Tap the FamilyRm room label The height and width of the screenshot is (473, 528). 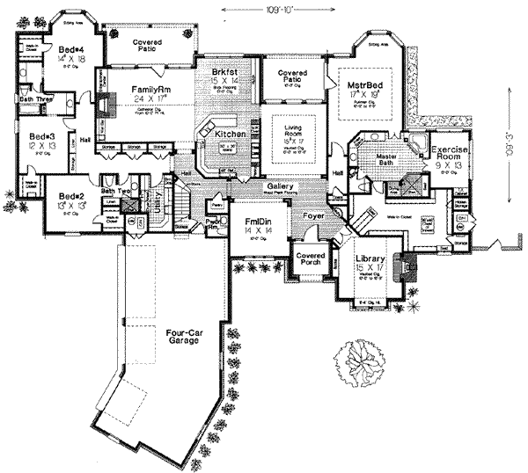[150, 90]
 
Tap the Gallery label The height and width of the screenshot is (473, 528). [280, 187]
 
